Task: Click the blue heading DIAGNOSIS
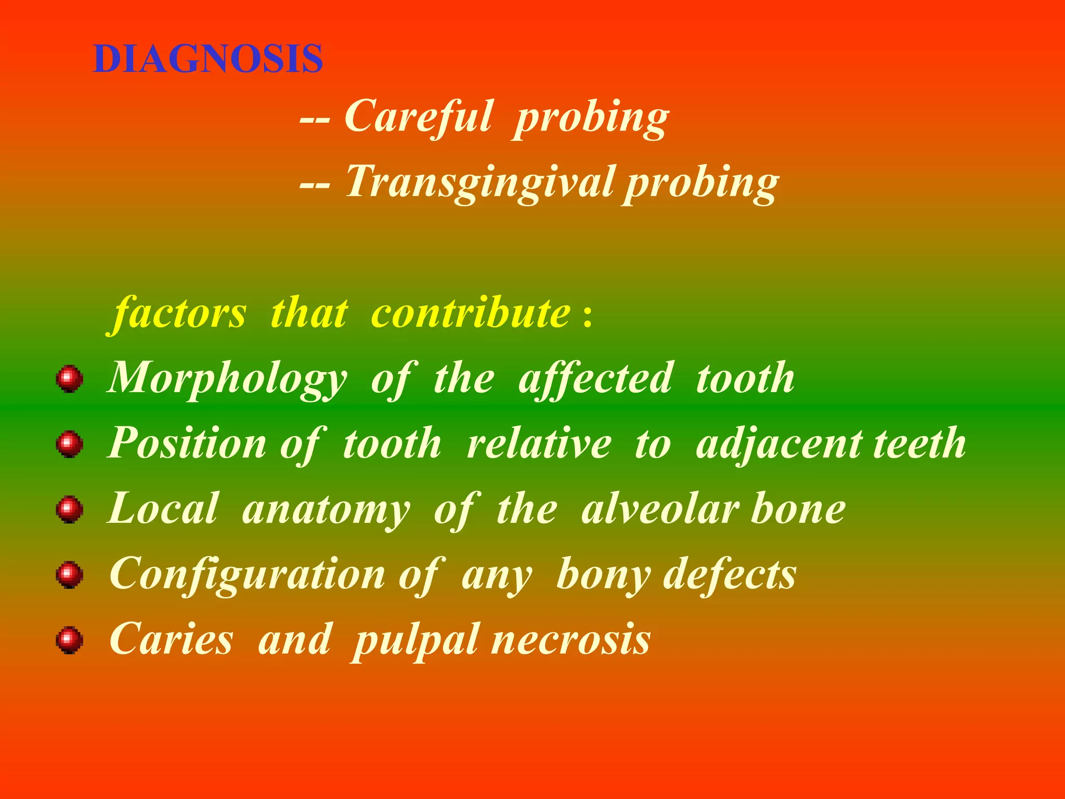pyautogui.click(x=208, y=59)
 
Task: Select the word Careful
pyautogui.click(x=418, y=117)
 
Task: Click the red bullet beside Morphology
pyautogui.click(x=70, y=379)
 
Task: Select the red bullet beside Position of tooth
pyautogui.click(x=70, y=444)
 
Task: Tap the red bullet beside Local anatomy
pyautogui.click(x=70, y=509)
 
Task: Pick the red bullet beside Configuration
pyautogui.click(x=70, y=575)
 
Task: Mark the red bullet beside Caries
pyautogui.click(x=70, y=640)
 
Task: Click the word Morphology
pyautogui.click(x=227, y=379)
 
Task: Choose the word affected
pyautogui.click(x=595, y=379)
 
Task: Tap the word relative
pyautogui.click(x=539, y=444)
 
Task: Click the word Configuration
pyautogui.click(x=248, y=575)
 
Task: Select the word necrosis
pyautogui.click(x=570, y=640)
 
